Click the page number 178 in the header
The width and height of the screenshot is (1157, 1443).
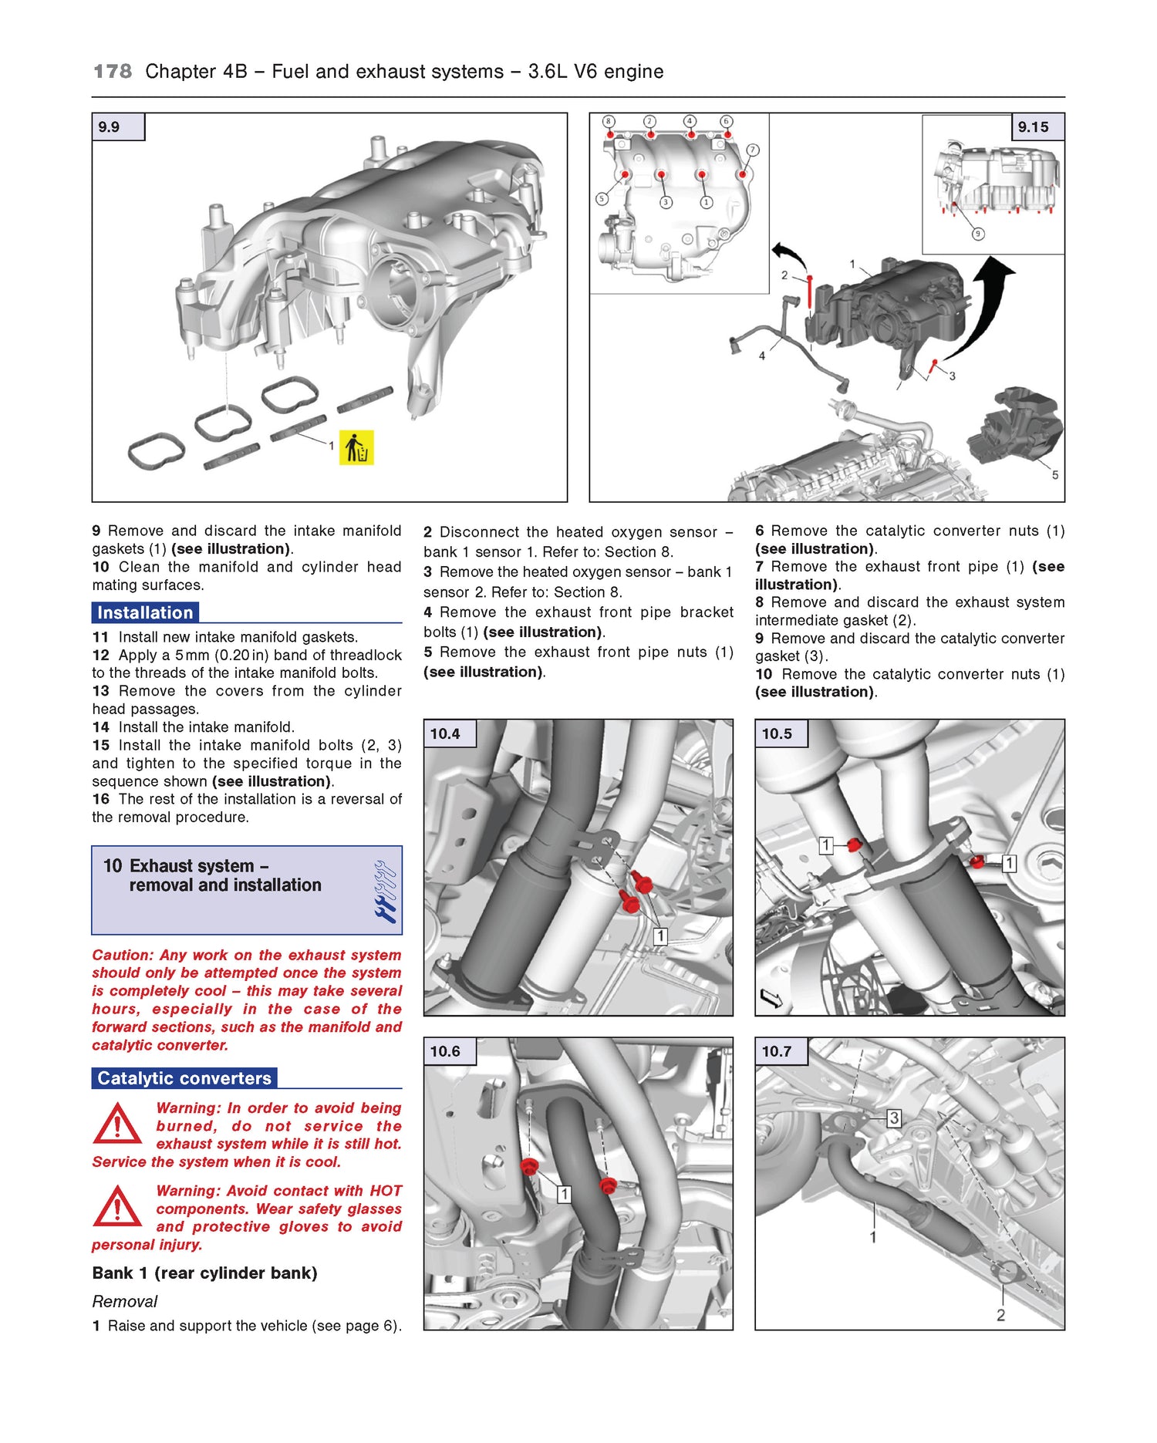113,72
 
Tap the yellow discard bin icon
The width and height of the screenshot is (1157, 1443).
356,447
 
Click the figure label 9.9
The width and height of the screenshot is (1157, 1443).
110,127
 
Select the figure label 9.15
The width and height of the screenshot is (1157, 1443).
1033,127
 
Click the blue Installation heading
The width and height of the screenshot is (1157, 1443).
145,613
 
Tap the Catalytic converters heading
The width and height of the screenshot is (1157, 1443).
184,1078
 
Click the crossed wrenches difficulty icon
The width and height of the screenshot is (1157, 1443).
385,892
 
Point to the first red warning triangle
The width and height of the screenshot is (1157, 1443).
116,1124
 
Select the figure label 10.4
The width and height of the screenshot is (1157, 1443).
445,733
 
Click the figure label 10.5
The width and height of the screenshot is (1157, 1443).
777,733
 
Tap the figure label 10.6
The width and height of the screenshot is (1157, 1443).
445,1051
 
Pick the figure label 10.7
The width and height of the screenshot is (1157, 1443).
777,1051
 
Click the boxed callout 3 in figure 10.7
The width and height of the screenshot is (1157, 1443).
893,1118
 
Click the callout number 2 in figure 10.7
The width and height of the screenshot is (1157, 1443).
1000,1315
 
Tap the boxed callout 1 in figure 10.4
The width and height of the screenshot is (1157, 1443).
660,936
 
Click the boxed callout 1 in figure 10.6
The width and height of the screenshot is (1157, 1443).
565,1194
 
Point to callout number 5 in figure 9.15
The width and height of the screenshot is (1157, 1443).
1055,475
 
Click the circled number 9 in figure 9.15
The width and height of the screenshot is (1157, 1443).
978,234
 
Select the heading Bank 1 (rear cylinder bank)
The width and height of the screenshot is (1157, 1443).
204,1273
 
